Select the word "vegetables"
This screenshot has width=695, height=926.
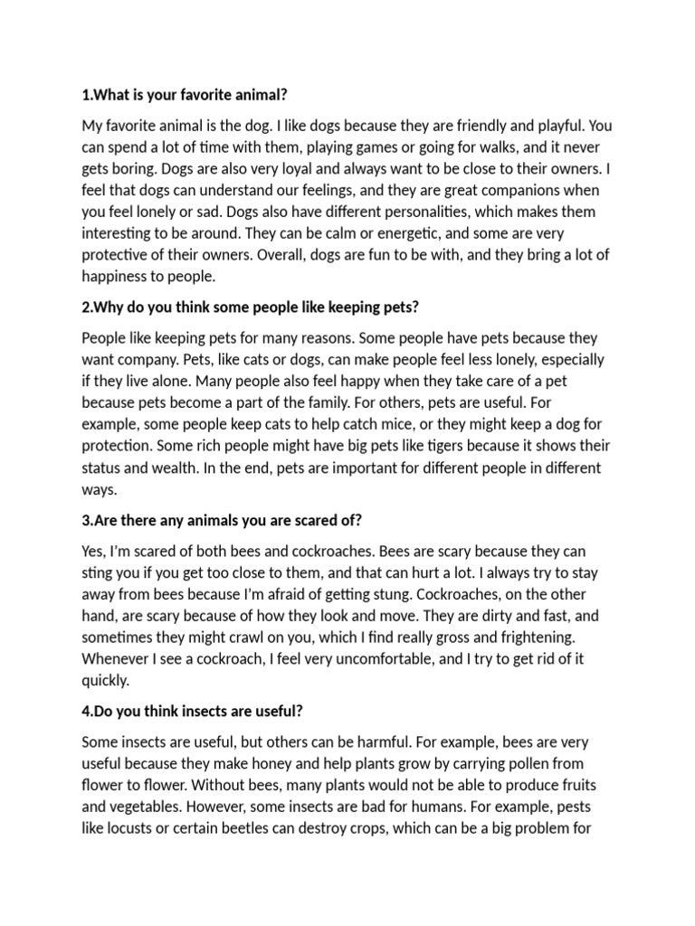pyautogui.click(x=148, y=807)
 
